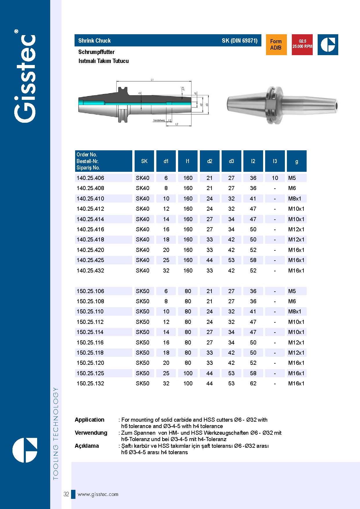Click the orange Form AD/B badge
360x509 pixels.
point(276,45)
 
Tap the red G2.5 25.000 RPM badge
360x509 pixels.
point(302,45)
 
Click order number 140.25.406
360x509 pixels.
point(90,178)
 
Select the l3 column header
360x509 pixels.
point(275,161)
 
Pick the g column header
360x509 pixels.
point(296,161)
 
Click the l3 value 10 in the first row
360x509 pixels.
point(275,178)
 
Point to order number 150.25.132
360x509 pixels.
point(90,383)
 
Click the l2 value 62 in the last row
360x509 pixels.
point(253,383)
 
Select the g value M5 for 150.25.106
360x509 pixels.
point(292,291)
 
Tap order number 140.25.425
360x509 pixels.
point(90,260)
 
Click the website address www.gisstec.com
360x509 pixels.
point(98,494)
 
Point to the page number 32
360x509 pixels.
point(66,494)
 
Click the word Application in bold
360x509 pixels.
point(89,420)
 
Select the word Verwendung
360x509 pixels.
point(91,433)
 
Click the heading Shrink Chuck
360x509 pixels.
point(94,41)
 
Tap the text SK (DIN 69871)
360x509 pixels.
point(240,41)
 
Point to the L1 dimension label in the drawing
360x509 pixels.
point(152,80)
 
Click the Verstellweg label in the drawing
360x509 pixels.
point(159,120)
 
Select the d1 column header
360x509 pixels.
point(166,161)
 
